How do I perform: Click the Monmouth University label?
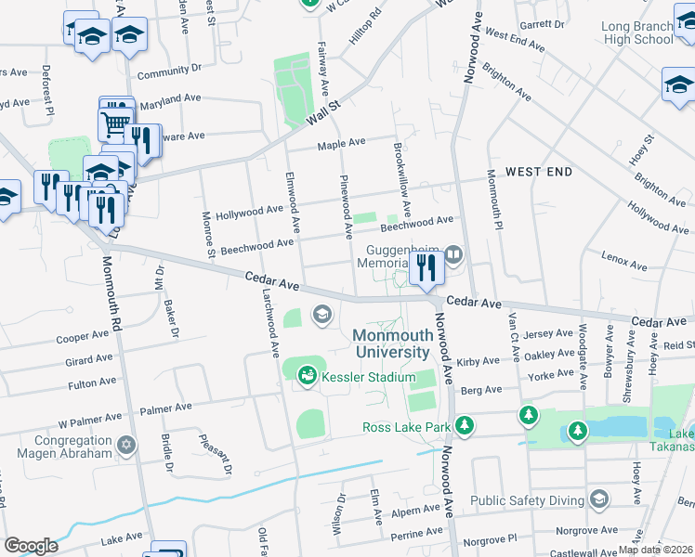392,343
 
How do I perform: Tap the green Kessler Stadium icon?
307,375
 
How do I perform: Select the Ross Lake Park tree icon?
465,426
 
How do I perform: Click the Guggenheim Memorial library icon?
453,253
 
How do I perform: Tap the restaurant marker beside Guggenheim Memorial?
426,268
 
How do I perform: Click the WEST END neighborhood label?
539,173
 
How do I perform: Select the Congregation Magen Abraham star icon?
127,447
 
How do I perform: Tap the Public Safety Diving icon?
599,500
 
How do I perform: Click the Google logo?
31,546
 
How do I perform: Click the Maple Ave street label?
337,145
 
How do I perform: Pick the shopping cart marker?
114,122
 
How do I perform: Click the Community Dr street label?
169,71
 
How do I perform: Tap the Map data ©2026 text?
656,550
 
